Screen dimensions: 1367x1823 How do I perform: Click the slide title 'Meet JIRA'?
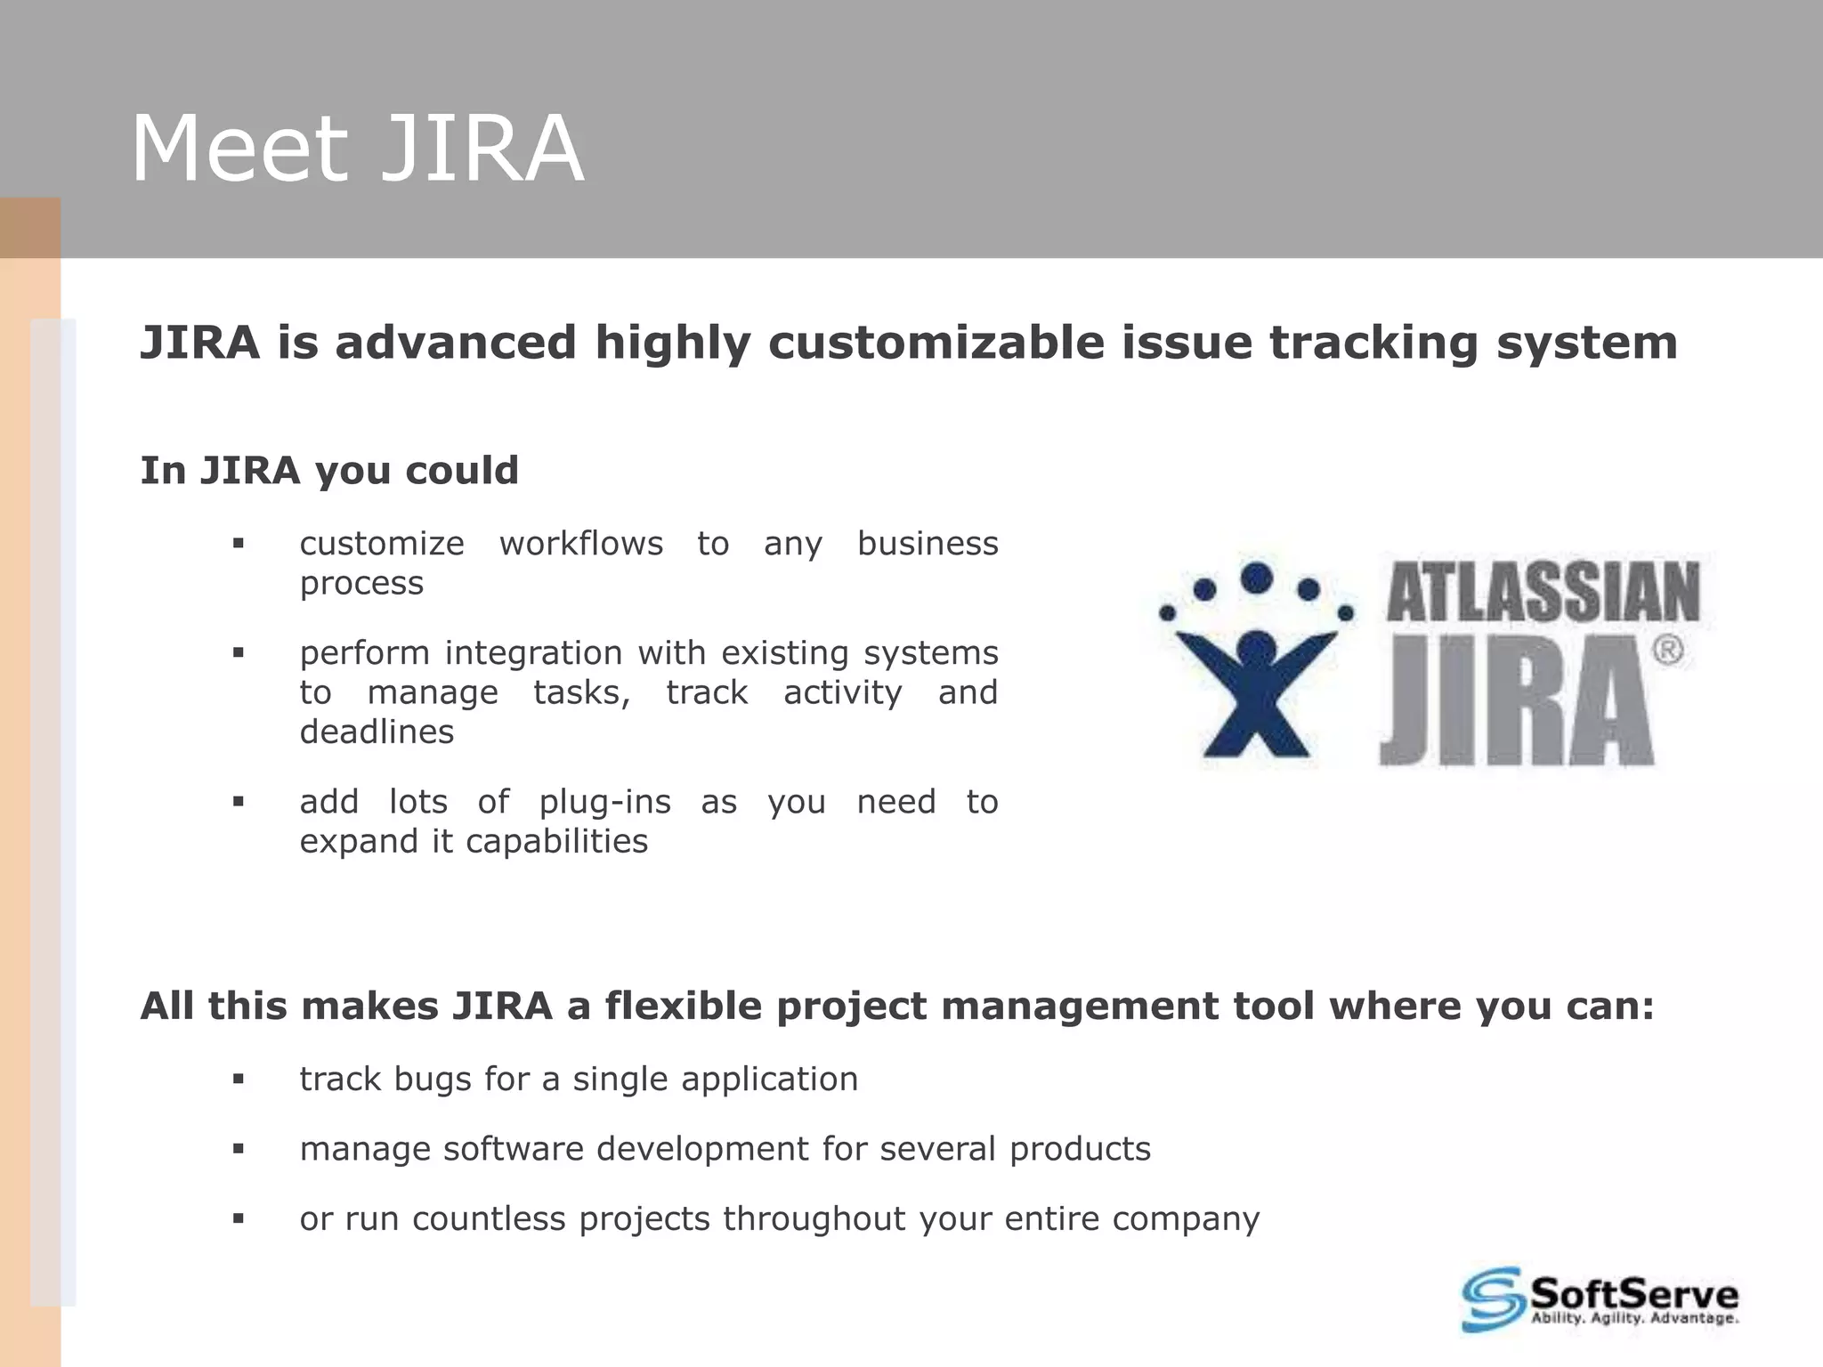pyautogui.click(x=356, y=149)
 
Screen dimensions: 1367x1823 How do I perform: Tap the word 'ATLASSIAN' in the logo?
pyautogui.click(x=1543, y=592)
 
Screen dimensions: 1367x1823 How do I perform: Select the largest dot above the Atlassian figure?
pyautogui.click(x=1256, y=578)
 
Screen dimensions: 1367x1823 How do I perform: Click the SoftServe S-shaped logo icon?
pyautogui.click(x=1493, y=1299)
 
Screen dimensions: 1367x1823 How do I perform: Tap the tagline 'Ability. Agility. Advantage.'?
pyautogui.click(x=1634, y=1318)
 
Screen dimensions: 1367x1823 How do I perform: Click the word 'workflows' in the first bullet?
pyautogui.click(x=580, y=544)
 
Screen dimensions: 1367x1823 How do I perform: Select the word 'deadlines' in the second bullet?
pyautogui.click(x=377, y=732)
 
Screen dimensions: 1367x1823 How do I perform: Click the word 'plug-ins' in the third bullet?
pyautogui.click(x=604, y=803)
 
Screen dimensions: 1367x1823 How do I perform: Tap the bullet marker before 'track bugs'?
pyautogui.click(x=238, y=1080)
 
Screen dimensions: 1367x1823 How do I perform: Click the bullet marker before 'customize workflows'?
pyautogui.click(x=238, y=544)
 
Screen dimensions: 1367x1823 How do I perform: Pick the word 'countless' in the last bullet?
pyautogui.click(x=489, y=1219)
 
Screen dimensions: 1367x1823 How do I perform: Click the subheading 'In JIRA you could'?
pyautogui.click(x=329, y=471)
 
